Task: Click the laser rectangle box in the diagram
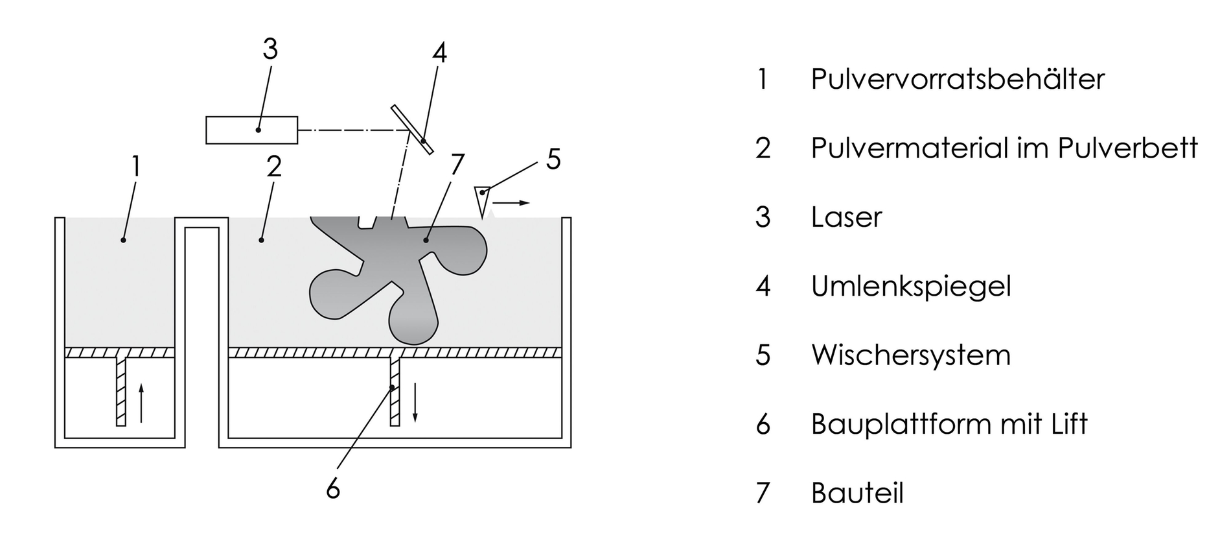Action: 251,130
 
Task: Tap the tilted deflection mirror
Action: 412,130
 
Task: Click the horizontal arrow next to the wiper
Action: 512,203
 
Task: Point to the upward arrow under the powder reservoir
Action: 141,402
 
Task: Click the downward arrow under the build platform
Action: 415,402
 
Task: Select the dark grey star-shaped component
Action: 389,272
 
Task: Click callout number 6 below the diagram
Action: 332,488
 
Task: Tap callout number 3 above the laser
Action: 270,49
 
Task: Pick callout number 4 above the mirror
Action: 439,53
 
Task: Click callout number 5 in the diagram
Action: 553,160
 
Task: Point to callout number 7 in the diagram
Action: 457,165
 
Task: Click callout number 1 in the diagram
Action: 135,167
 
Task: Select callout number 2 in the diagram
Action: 274,167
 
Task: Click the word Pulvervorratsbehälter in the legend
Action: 957,79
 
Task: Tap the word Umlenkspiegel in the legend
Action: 910,286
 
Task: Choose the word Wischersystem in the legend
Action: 910,355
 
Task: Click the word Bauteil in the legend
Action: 857,493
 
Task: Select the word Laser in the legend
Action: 846,217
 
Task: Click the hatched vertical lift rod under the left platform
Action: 121,392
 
